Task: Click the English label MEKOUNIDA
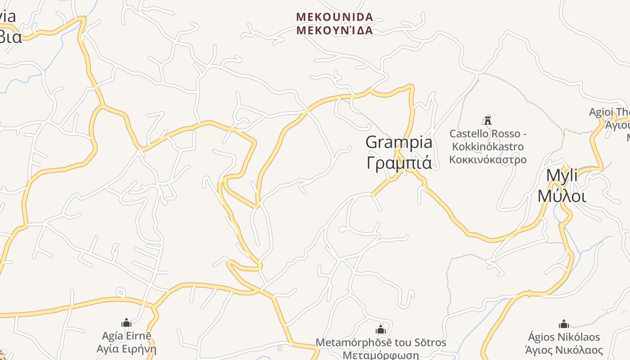click(334, 17)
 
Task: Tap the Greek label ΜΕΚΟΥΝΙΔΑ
click(334, 31)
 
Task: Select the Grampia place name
click(399, 142)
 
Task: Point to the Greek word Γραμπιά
click(399, 162)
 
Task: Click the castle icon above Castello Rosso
click(488, 120)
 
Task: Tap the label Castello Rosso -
click(488, 134)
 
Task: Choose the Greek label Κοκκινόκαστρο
click(488, 159)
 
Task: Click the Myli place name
click(562, 175)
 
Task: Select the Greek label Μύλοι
click(562, 196)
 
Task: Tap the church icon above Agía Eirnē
click(126, 323)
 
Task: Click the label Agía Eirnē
click(126, 336)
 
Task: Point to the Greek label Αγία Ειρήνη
click(126, 349)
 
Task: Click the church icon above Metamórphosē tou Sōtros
click(381, 329)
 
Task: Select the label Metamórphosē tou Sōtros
click(381, 342)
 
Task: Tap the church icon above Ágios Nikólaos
click(564, 324)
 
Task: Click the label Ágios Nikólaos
click(564, 337)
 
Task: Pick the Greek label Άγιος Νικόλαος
click(564, 350)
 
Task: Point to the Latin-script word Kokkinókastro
click(488, 147)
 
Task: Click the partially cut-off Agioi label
click(609, 112)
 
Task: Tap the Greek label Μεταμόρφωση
click(381, 355)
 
